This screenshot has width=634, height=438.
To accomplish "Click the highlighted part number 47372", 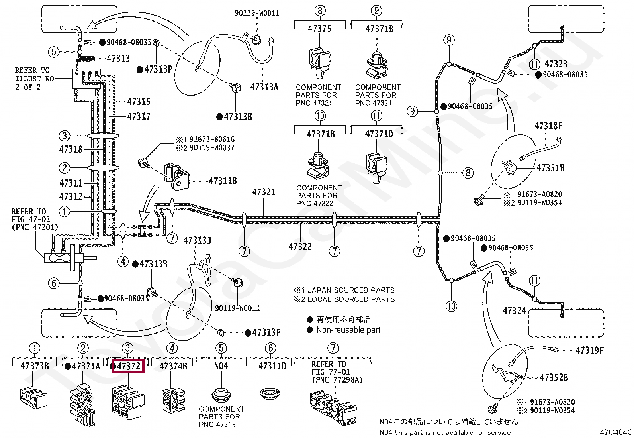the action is click(129, 366).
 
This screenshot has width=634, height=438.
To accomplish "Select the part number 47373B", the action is click(35, 366).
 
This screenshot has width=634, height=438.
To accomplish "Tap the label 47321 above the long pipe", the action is click(264, 192).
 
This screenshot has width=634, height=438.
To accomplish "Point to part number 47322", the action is click(300, 246).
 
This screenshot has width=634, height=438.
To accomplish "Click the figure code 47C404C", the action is click(616, 432).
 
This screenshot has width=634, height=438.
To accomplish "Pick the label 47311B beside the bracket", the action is click(223, 181).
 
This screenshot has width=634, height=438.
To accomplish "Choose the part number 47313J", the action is click(197, 240).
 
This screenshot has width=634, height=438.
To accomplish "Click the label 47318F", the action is click(548, 126).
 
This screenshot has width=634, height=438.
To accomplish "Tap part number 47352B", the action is click(554, 377).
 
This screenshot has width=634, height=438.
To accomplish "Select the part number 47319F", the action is click(589, 350).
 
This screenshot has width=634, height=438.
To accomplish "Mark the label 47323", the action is click(556, 64).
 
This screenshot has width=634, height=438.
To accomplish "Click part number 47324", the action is click(514, 311).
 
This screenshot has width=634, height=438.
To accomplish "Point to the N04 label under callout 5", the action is click(221, 366).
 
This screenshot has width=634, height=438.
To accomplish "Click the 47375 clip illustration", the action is click(319, 63).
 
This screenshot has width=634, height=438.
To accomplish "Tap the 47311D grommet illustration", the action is click(270, 393).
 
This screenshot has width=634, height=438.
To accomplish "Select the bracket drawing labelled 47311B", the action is click(176, 176).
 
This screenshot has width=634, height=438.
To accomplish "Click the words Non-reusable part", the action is click(348, 330).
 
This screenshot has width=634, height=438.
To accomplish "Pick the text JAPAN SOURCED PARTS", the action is click(351, 290).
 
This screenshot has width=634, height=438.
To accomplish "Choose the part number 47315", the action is click(139, 101).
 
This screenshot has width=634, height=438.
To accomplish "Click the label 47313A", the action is click(264, 87).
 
